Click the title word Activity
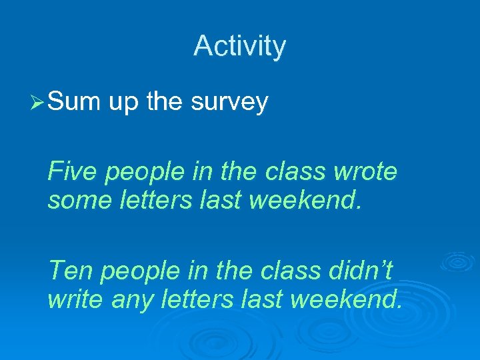239,47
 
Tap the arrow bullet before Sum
37,103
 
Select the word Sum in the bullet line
73,102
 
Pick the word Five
73,172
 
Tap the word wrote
365,172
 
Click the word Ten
71,271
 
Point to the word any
133,300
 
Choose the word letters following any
201,299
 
